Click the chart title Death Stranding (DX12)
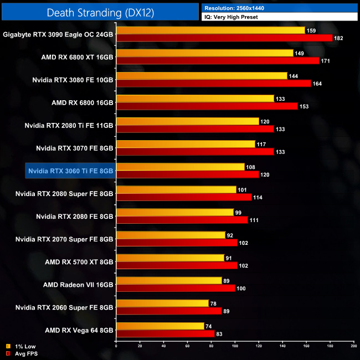coord(100,12)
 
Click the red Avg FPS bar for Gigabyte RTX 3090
coord(224,38)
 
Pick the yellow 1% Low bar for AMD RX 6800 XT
coord(204,53)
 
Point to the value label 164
coord(317,84)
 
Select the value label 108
coord(251,167)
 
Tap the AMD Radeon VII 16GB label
coord(78,284)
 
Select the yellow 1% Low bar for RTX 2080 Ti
coord(187,121)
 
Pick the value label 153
coord(304,106)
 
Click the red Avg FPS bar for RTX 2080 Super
coord(184,197)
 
